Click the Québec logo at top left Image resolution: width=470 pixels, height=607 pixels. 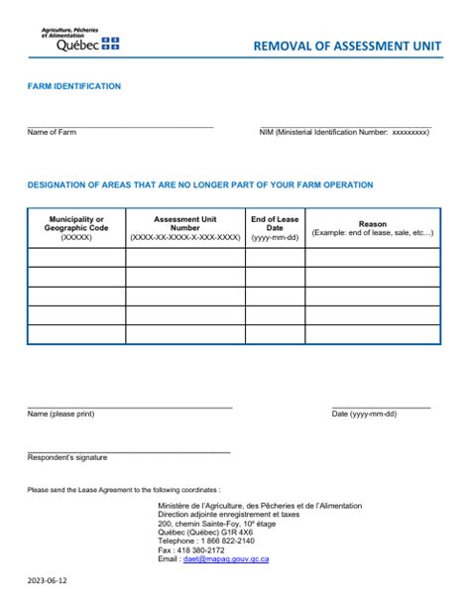click(79, 40)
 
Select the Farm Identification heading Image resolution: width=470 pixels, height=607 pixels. click(74, 86)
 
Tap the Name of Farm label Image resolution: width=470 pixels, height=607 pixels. click(52, 132)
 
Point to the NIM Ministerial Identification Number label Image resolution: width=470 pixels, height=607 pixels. click(344, 132)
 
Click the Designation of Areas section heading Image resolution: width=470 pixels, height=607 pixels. click(200, 184)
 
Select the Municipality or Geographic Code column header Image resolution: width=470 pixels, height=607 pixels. click(76, 228)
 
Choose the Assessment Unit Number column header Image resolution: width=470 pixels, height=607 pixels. click(185, 228)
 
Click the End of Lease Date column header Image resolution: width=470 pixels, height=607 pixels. click(275, 228)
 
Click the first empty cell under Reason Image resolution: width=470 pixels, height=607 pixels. click(373, 257)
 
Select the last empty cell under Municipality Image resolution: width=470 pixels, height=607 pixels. click(76, 334)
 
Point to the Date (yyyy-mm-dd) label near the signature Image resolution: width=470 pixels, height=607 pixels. click(364, 414)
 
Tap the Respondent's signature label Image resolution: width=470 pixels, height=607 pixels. click(67, 457)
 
